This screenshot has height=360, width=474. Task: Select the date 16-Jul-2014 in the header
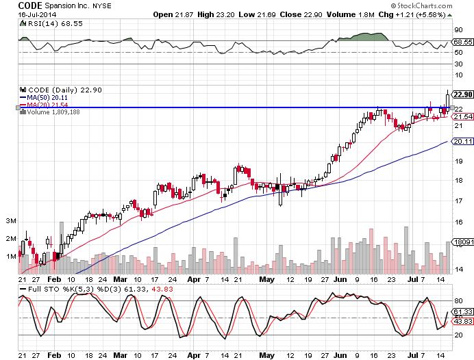point(18,14)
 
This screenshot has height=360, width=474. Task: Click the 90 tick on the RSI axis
point(458,29)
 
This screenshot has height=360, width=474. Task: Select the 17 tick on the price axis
point(458,201)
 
